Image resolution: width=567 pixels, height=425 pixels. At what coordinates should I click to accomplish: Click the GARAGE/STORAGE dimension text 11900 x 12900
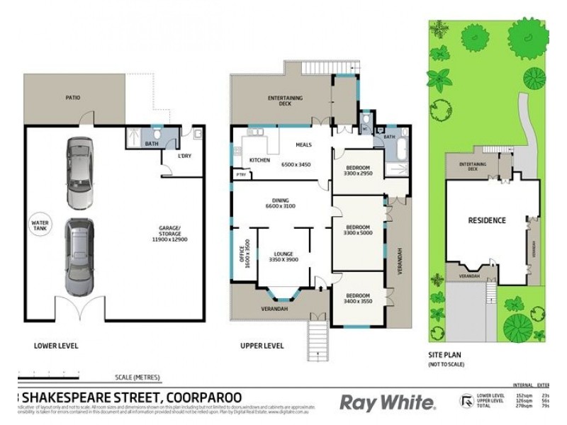170,239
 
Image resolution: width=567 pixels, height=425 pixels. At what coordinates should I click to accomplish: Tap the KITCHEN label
259,161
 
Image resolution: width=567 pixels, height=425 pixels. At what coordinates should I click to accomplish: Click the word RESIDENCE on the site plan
488,220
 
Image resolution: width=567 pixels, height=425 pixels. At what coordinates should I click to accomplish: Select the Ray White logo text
388,403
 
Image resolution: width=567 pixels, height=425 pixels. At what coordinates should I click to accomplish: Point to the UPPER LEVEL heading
262,346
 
